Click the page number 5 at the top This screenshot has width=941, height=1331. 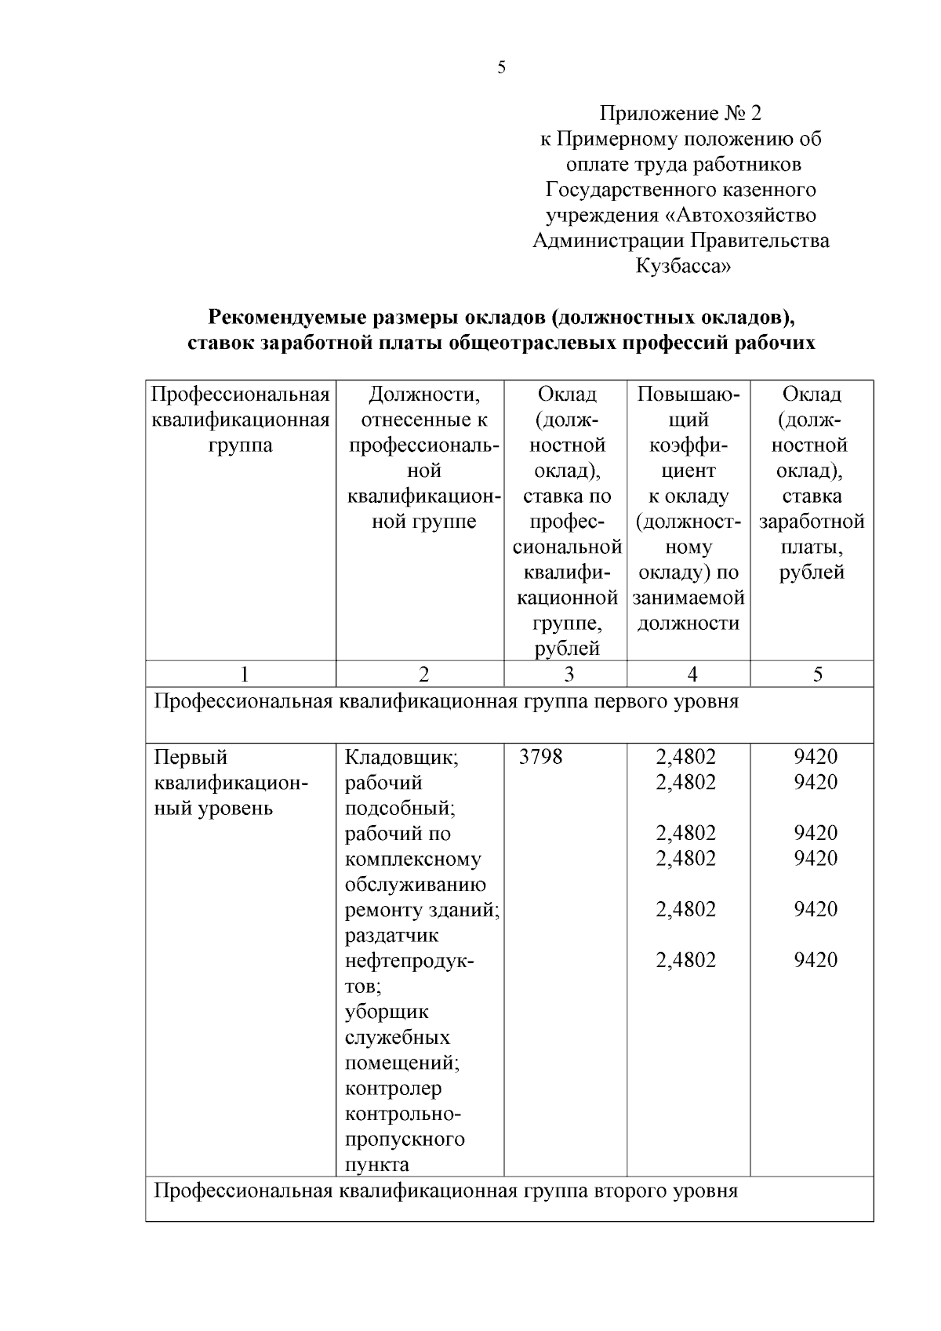pyautogui.click(x=502, y=67)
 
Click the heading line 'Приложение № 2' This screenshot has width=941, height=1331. pyautogui.click(x=680, y=114)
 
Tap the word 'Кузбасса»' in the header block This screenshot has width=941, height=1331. pyautogui.click(x=682, y=266)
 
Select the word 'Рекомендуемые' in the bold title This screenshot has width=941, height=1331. pyautogui.click(x=284, y=318)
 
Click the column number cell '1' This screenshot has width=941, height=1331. pyautogui.click(x=245, y=675)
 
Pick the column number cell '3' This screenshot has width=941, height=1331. pyautogui.click(x=569, y=675)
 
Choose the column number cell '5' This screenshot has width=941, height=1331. pyautogui.click(x=817, y=675)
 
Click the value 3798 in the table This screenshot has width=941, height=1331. pyautogui.click(x=541, y=757)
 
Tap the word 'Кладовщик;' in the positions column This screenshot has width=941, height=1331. pyautogui.click(x=401, y=758)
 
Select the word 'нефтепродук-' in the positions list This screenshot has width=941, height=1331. pyautogui.click(x=410, y=961)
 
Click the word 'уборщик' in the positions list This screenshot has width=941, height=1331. pyautogui.click(x=387, y=1012)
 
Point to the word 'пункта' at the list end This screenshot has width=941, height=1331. pyautogui.click(x=377, y=1165)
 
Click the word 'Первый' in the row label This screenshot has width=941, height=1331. pyautogui.click(x=191, y=758)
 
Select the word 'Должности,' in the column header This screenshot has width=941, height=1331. pyautogui.click(x=423, y=394)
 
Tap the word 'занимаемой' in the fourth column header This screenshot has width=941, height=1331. pyautogui.click(x=688, y=598)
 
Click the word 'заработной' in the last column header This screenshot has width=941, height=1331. pyautogui.click(x=812, y=522)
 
